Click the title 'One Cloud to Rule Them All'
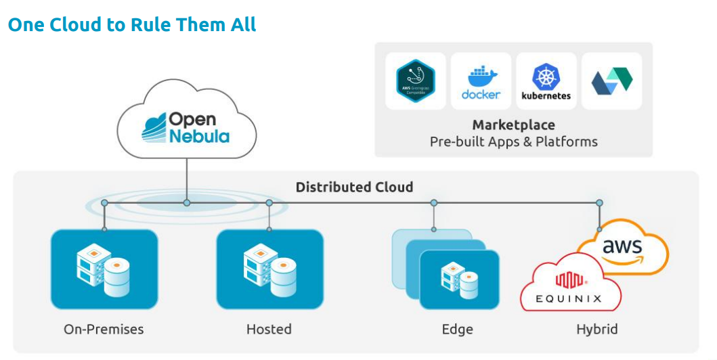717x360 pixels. point(132,25)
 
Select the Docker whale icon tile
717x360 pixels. point(481,81)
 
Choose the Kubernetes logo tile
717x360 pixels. point(546,81)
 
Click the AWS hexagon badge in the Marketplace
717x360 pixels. point(415,81)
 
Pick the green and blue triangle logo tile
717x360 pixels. point(611,81)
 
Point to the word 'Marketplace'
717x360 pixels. point(513,125)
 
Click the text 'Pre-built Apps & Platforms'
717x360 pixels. point(513,142)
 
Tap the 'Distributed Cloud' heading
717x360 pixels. point(354,187)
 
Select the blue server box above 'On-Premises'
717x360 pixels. point(104,269)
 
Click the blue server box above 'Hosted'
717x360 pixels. point(269,269)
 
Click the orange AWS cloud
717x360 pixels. point(622,247)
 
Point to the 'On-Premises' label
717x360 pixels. point(104,330)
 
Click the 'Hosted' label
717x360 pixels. point(269,330)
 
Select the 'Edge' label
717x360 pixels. point(457,330)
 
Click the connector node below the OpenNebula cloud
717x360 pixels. point(187,202)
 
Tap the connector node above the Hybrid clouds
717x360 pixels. point(599,202)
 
